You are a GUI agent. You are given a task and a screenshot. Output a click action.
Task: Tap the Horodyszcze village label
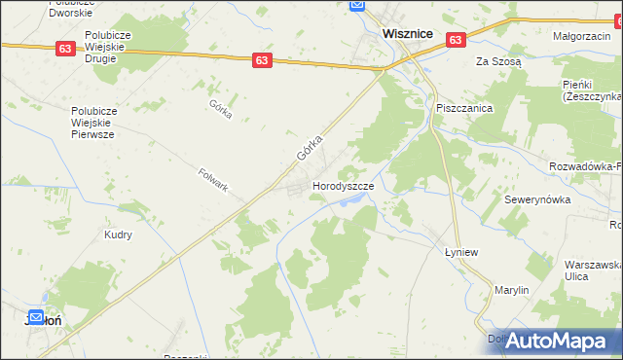[x=343, y=185]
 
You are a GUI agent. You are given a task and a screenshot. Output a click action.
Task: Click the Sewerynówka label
[x=535, y=198]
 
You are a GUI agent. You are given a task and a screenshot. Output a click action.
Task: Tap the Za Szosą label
[x=498, y=61]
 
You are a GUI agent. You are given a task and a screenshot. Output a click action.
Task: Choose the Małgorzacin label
[x=581, y=36]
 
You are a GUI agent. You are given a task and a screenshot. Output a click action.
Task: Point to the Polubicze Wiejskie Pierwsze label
[x=106, y=124]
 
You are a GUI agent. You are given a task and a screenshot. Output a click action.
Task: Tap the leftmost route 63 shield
[x=65, y=49]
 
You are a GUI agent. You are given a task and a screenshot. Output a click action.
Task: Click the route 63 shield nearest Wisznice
[x=457, y=40]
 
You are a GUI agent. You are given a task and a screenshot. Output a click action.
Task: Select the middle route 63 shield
[x=261, y=60]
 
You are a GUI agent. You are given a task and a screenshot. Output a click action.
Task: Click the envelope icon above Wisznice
[x=357, y=6]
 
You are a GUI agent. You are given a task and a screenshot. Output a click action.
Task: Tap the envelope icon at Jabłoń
[x=35, y=317]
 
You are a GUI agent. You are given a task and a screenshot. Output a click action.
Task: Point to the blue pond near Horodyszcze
[x=353, y=202]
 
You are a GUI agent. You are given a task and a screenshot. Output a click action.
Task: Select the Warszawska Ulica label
[x=593, y=270]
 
